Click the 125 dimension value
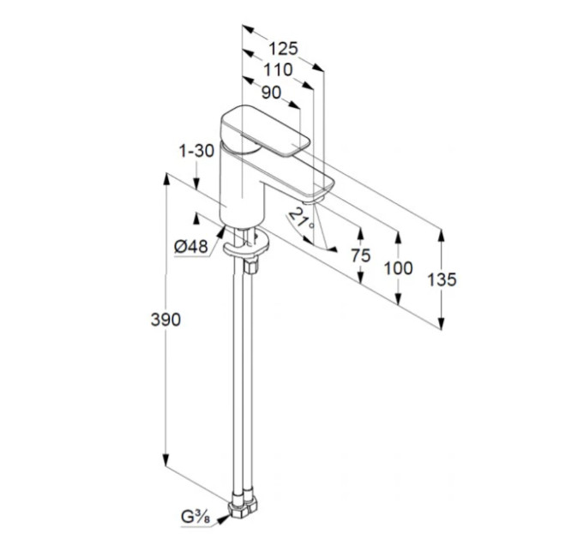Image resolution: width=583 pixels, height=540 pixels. click(283, 48)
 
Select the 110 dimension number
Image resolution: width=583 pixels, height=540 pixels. click(278, 70)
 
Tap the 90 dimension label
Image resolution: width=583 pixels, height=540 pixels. click(271, 93)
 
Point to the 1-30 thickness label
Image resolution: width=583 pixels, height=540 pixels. click(196, 151)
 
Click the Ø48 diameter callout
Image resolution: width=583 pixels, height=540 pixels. click(191, 246)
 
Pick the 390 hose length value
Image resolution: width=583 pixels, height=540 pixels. click(165, 320)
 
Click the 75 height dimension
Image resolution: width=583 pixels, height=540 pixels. click(361, 255)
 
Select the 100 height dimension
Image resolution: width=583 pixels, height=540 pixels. click(398, 268)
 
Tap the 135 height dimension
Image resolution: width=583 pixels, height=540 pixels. click(442, 279)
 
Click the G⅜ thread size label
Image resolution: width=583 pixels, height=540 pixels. click(195, 517)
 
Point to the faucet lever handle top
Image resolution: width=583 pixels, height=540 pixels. click(266, 131)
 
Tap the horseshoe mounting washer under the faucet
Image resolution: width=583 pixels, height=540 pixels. click(246, 246)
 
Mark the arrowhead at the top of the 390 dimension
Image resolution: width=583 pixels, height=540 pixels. click(166, 181)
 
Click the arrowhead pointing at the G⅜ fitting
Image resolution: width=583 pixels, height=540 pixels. click(222, 519)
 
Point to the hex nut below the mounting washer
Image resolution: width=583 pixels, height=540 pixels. click(250, 266)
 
